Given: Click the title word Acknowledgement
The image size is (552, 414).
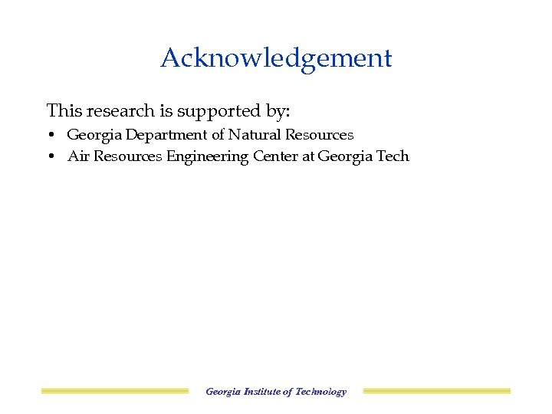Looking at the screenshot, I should [x=276, y=58].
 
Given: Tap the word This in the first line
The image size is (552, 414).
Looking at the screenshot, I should [x=64, y=111].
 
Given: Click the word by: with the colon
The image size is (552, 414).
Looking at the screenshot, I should [x=278, y=112].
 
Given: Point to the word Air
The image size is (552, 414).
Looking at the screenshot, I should [x=77, y=156].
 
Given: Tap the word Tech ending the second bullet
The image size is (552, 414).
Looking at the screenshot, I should [x=393, y=156].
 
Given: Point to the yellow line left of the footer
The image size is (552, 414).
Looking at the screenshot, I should [x=114, y=391].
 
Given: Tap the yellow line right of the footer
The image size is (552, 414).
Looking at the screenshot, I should [x=436, y=391].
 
